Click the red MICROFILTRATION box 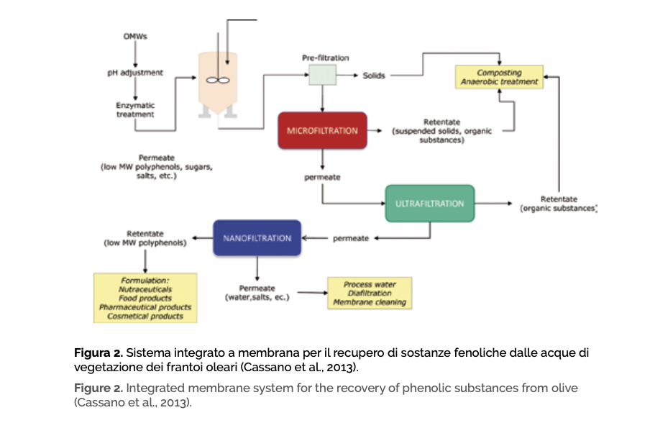(322, 131)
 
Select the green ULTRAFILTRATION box (429, 204)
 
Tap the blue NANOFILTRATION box (257, 238)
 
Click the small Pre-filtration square (323, 75)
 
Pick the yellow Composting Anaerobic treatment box (500, 78)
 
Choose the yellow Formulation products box (146, 298)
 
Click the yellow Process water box (370, 294)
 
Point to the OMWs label (136, 37)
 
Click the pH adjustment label (135, 73)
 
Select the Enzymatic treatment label (135, 109)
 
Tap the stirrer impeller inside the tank (217, 81)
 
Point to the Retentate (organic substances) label (558, 204)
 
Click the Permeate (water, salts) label (257, 292)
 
